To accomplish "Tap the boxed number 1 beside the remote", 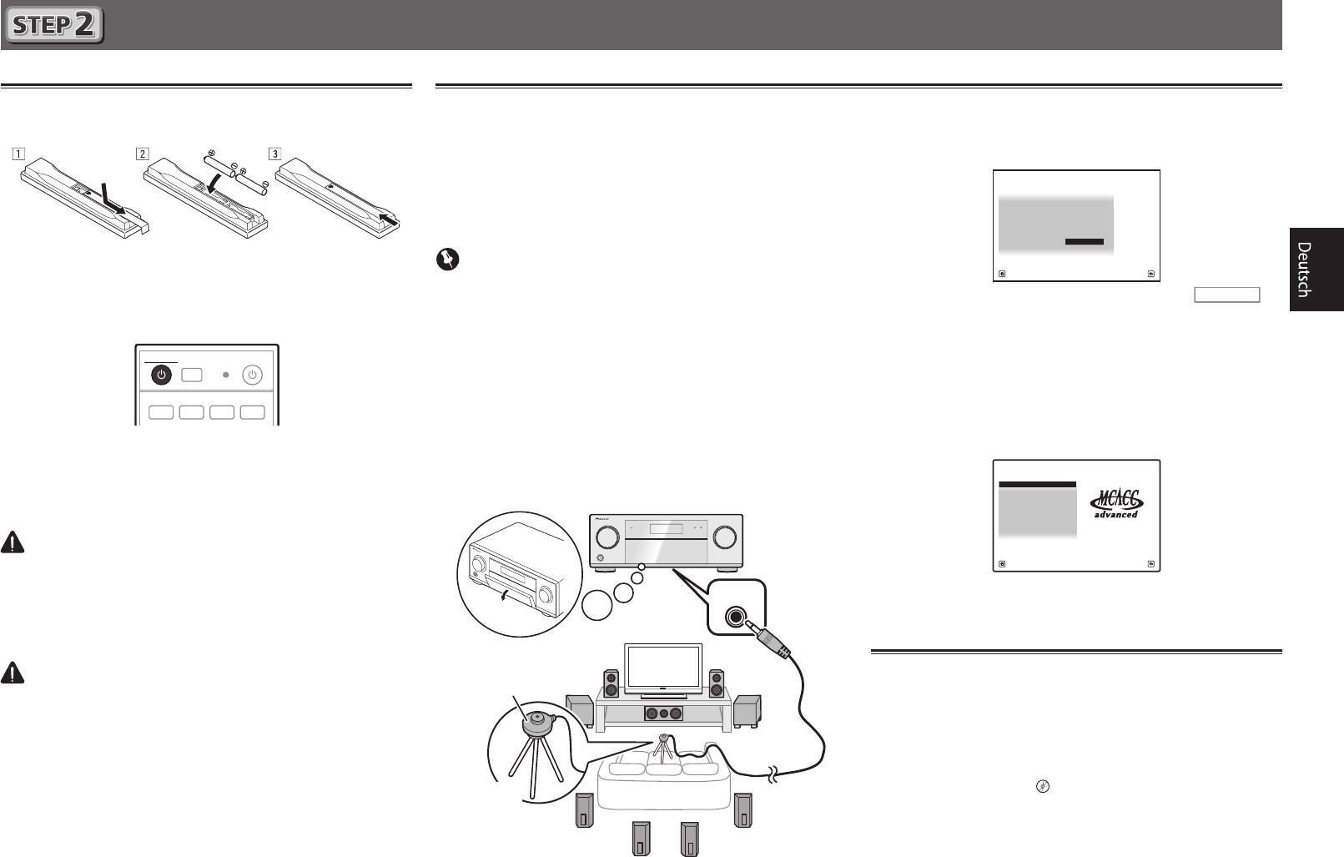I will click(x=18, y=154).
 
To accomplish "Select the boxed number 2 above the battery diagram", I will click(x=143, y=154).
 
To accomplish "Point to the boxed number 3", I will click(x=275, y=154).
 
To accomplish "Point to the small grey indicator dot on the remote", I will click(x=224, y=375).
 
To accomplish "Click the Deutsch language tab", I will click(x=1316, y=269).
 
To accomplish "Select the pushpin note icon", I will click(x=448, y=259).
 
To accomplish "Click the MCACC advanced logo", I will click(x=1116, y=503).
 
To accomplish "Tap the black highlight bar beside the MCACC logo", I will click(x=1037, y=484).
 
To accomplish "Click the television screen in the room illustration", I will click(x=664, y=668).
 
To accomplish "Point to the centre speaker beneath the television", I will click(x=664, y=714).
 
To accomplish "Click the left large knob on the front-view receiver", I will click(x=609, y=537).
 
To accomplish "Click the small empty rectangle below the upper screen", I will click(x=1226, y=295).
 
